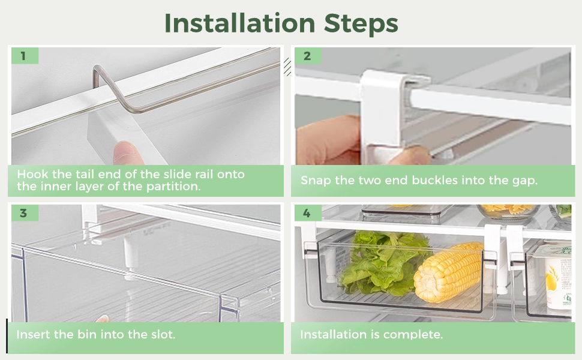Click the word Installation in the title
coord(239,23)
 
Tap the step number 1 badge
coord(23,56)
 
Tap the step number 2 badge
coord(307,56)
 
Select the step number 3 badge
coord(23,214)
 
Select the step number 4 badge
coord(307,214)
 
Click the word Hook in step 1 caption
coord(32,175)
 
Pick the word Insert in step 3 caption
coord(32,334)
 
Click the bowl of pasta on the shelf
coord(507,210)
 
